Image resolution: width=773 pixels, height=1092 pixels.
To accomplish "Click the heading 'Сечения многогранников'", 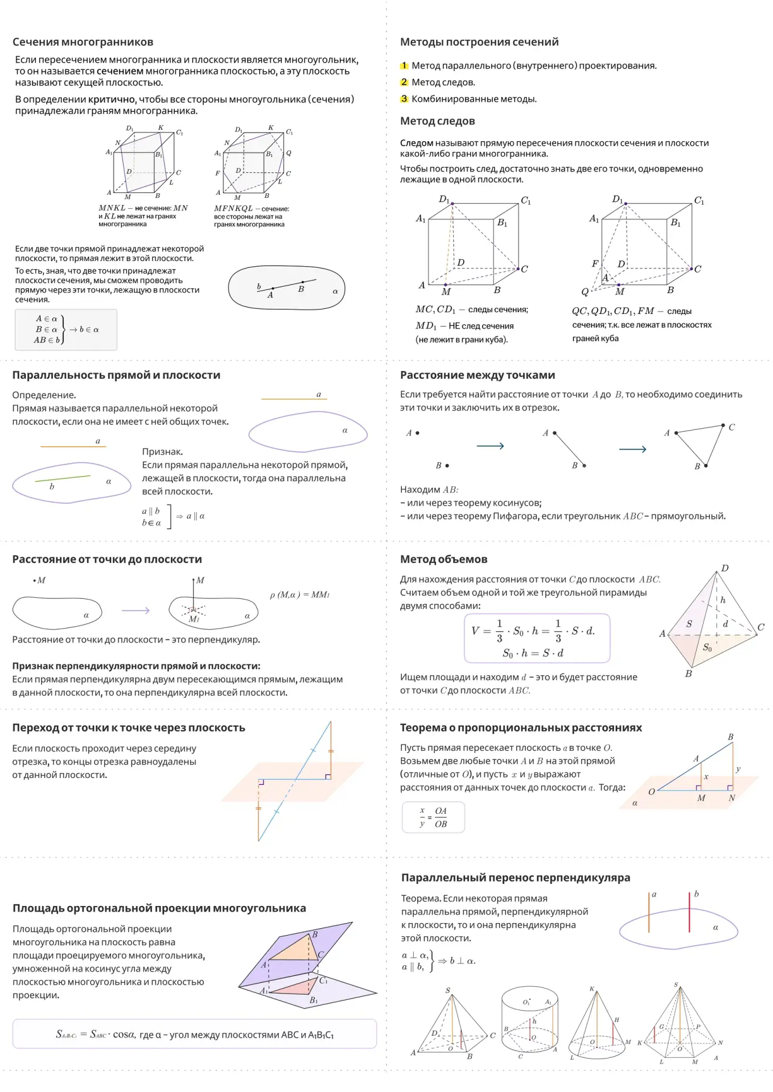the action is click(83, 42).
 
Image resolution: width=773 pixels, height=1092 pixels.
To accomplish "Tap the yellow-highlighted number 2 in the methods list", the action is click(404, 82).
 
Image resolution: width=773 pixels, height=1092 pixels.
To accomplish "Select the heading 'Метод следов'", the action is click(437, 121).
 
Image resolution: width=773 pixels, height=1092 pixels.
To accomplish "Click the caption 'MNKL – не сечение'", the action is click(143, 208).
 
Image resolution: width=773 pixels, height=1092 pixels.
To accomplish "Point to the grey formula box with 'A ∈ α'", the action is click(65, 329).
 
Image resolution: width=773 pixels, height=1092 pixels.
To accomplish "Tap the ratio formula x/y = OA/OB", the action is click(433, 817).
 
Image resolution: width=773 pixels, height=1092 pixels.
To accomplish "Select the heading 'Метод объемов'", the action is click(443, 560).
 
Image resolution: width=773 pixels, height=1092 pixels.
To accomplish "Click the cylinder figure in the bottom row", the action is click(530, 1021).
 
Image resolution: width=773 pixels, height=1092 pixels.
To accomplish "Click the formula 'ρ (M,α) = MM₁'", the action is click(299, 595).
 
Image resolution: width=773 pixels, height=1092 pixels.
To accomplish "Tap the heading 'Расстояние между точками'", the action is click(478, 375).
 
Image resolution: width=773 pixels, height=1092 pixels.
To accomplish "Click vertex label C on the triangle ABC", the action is click(731, 427).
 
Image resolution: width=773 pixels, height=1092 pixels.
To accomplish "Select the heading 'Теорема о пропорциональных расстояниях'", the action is click(521, 728).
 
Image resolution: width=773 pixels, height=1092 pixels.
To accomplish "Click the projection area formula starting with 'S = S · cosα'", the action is click(195, 1034).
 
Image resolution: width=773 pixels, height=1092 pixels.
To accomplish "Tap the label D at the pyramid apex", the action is click(725, 568).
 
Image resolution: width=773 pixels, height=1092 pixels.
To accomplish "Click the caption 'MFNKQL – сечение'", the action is click(252, 209).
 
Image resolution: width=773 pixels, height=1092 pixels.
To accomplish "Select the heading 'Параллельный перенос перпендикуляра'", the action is click(516, 878).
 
